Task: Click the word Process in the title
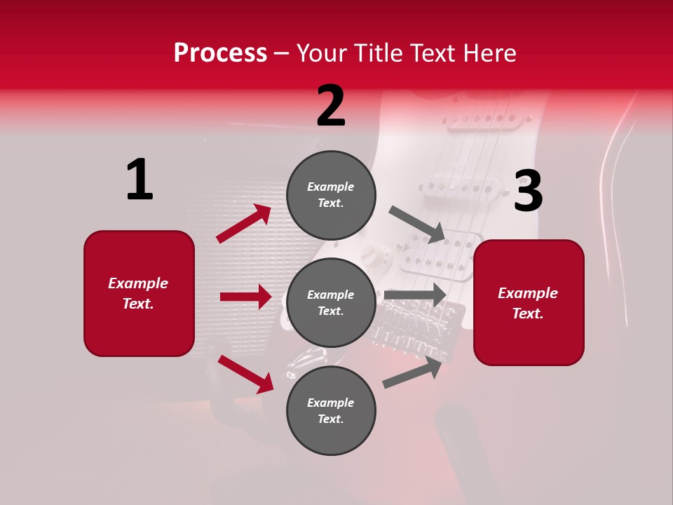[220, 53]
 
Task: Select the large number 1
[140, 180]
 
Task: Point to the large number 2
[331, 106]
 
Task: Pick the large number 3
[528, 191]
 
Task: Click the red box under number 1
[139, 293]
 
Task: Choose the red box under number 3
[529, 303]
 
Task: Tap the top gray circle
[331, 195]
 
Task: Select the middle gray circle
[331, 302]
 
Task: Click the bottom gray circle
[331, 410]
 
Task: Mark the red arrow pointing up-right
[244, 224]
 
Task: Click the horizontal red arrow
[245, 297]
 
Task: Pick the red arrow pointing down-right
[246, 374]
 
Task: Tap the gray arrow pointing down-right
[417, 224]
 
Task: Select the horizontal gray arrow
[415, 295]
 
